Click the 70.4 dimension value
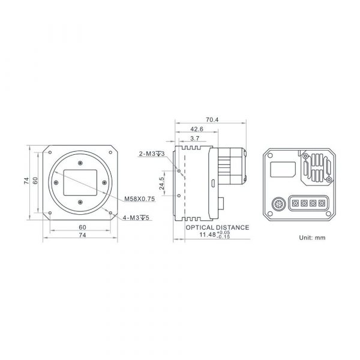pos(212,119)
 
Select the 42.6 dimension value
pos(197,129)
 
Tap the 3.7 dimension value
pos(194,139)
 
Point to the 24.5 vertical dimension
pos(162,183)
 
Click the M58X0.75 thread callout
pos(139,199)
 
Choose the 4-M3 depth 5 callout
pos(136,217)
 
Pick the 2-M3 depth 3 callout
pos(152,154)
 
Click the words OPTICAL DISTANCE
pos(217,227)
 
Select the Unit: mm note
pos(312,238)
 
